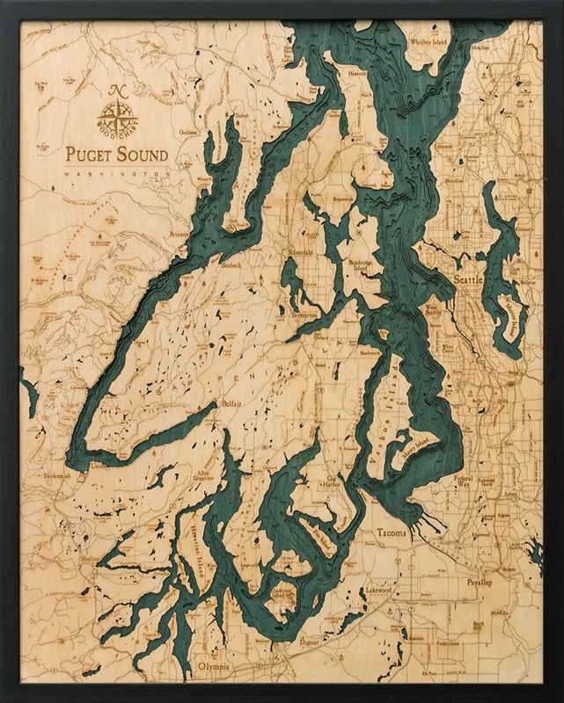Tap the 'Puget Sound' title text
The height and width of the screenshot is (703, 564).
coord(117,156)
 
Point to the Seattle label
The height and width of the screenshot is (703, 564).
coord(467,279)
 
